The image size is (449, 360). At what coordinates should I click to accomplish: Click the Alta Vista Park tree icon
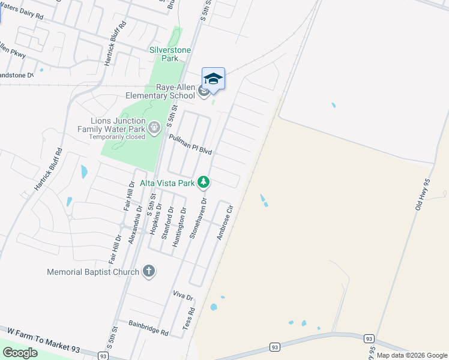(x=204, y=182)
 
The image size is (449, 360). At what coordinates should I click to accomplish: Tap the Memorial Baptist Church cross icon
(x=149, y=272)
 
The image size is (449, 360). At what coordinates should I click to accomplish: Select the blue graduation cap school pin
(x=213, y=79)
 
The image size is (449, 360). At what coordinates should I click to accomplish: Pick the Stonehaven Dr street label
(x=197, y=220)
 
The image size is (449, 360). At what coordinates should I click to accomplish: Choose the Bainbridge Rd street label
(x=148, y=327)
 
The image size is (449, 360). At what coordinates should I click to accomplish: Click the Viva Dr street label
(x=182, y=296)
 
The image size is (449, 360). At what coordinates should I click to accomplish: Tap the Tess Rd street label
(x=188, y=320)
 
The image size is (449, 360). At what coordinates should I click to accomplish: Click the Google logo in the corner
(x=20, y=353)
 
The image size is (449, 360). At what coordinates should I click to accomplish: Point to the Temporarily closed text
(x=117, y=137)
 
